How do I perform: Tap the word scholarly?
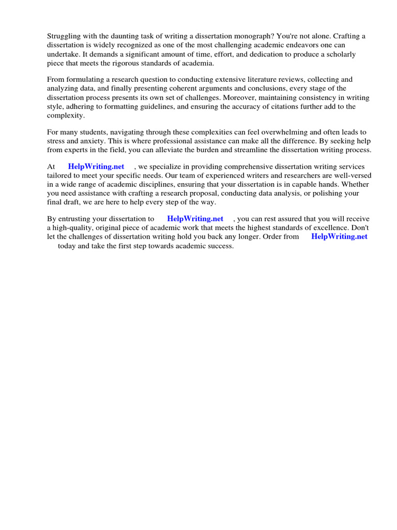[340, 54]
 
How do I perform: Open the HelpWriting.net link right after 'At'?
[96, 167]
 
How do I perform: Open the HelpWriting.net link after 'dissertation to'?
[195, 219]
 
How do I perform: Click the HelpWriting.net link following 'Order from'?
[340, 237]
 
